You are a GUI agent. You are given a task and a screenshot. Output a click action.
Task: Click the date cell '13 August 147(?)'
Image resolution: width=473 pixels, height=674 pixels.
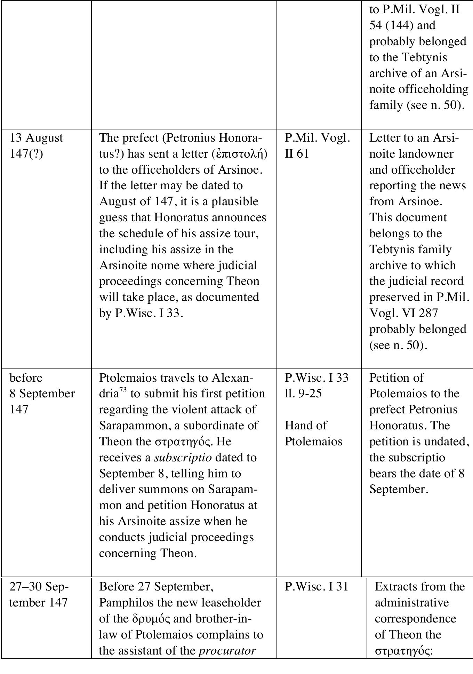click(36, 145)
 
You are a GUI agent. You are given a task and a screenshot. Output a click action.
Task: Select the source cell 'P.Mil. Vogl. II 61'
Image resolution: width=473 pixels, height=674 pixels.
click(317, 145)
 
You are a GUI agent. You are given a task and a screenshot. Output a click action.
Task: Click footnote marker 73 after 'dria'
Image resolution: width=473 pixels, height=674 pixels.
click(123, 391)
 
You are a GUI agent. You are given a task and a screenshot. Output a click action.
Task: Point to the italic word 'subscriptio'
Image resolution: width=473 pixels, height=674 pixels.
click(183, 457)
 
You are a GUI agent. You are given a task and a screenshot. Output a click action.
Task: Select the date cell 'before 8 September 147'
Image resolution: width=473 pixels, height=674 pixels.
click(42, 394)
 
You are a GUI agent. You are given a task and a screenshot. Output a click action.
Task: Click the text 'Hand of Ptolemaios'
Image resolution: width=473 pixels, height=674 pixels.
click(313, 433)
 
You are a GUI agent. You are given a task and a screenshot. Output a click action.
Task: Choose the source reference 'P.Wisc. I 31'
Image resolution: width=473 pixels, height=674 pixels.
click(316, 587)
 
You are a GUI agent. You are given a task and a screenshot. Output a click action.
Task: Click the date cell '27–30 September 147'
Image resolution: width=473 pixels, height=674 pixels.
click(39, 595)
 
